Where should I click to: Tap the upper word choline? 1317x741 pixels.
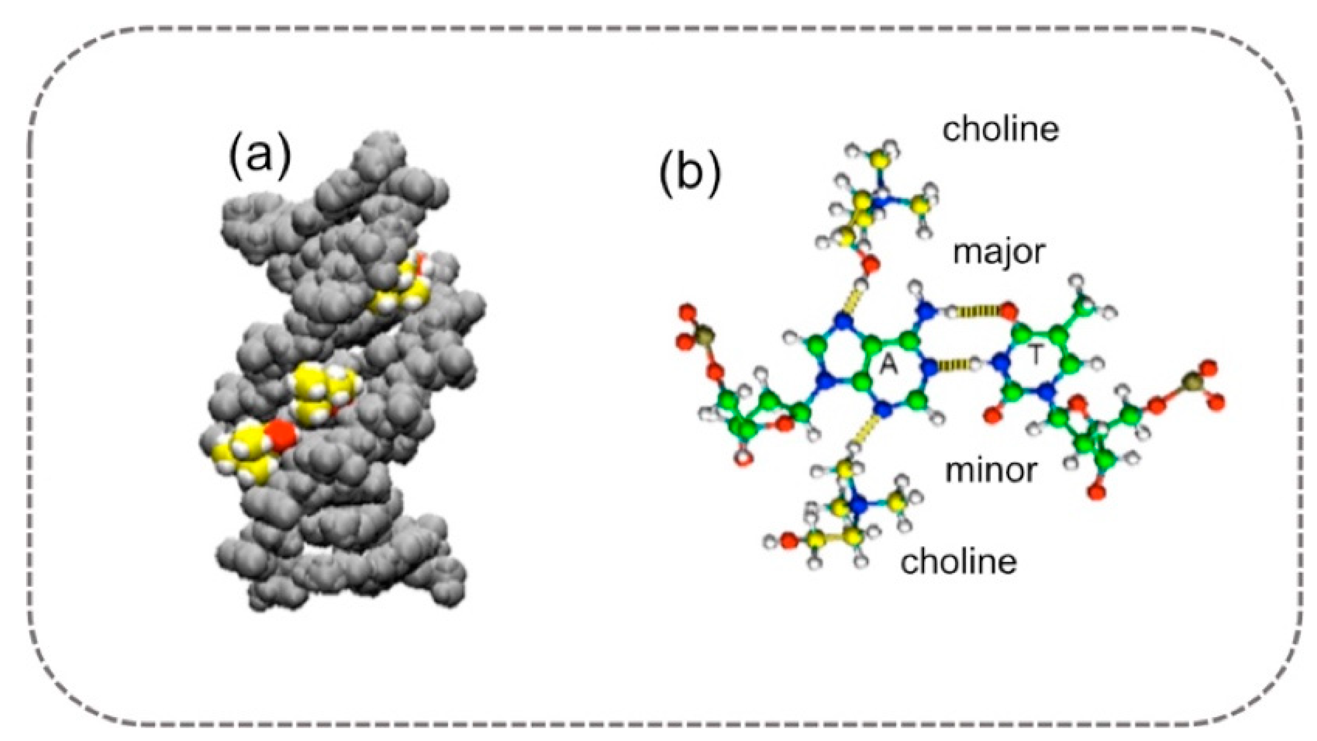[x=1000, y=129]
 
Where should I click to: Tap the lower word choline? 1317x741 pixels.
[x=959, y=562]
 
